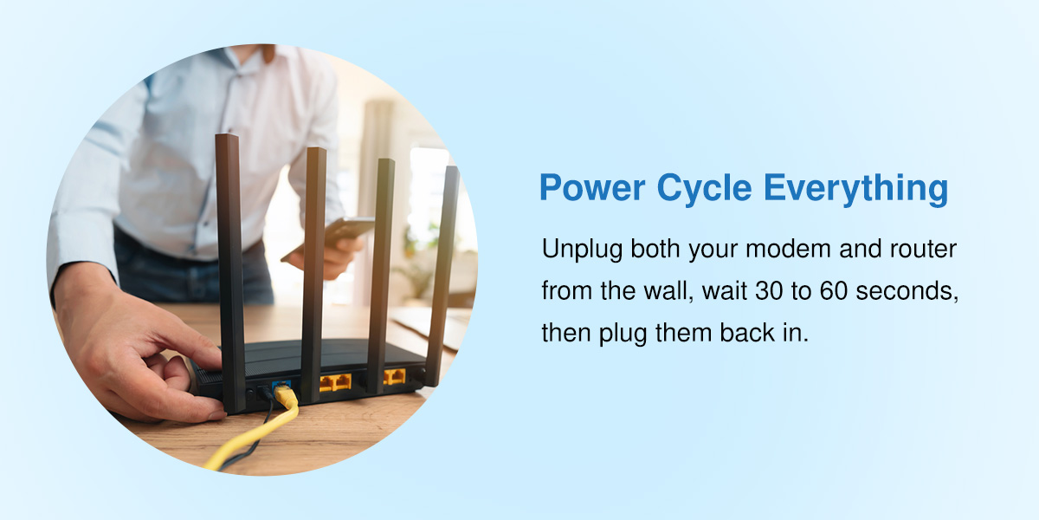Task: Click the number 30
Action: tap(773, 291)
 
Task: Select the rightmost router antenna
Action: tap(443, 269)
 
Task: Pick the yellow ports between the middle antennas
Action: tap(335, 381)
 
